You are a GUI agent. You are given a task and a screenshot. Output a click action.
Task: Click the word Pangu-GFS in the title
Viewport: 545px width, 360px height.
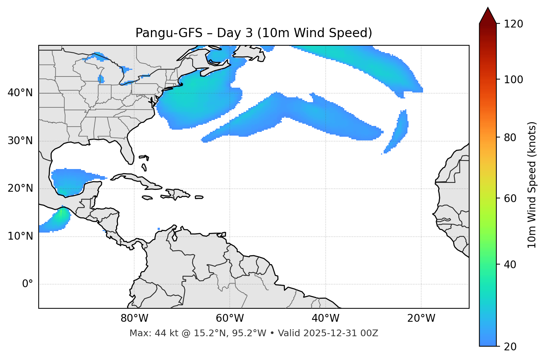[169, 33]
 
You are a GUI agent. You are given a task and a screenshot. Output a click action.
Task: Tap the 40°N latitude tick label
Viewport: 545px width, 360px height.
[20, 93]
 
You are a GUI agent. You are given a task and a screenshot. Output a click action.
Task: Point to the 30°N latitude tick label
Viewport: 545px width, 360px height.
[20, 141]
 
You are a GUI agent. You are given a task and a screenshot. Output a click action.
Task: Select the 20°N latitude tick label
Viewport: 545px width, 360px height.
[20, 188]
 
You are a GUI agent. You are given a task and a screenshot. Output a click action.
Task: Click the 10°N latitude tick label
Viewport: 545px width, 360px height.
[20, 236]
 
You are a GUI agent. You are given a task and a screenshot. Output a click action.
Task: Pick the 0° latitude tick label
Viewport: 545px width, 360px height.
[28, 284]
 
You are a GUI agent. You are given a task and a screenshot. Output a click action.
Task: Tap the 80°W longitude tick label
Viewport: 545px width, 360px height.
[134, 318]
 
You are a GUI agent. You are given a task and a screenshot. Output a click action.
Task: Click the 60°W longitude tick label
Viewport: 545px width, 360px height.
[230, 318]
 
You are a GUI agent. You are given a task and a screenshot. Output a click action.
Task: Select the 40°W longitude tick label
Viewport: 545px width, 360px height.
[325, 318]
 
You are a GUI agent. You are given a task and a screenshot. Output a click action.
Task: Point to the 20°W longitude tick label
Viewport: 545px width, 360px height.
[421, 318]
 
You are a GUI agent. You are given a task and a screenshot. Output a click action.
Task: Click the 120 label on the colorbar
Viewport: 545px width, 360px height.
[513, 24]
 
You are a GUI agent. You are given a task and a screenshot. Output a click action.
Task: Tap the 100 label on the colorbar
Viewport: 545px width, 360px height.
[513, 80]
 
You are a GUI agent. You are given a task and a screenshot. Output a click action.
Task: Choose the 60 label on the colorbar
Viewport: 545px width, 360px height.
[509, 198]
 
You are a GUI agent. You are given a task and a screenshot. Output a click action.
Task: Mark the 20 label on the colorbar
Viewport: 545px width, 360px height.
[509, 347]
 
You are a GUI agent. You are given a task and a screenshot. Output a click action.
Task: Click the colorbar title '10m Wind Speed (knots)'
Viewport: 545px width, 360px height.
[532, 185]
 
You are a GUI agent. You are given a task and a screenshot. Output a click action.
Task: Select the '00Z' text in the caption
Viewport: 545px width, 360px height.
[369, 333]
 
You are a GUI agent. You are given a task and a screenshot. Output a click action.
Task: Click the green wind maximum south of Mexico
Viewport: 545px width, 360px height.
[61, 214]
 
